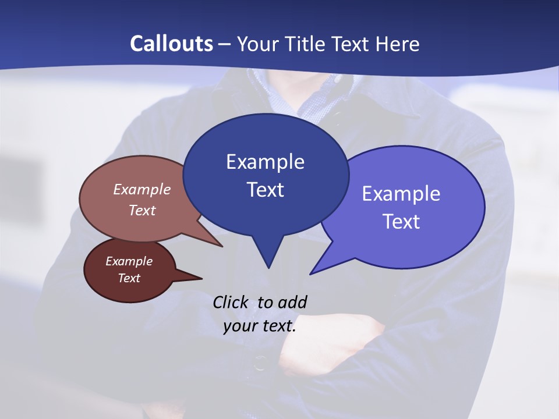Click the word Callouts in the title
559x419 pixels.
[171, 44]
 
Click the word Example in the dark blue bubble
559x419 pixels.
[265, 162]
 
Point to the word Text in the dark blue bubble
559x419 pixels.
[265, 190]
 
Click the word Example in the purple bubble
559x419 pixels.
[401, 194]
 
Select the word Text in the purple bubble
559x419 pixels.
[401, 222]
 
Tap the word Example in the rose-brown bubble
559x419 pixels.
[142, 189]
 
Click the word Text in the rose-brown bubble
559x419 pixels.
[142, 210]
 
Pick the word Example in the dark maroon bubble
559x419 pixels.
[129, 261]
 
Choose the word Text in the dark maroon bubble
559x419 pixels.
[129, 278]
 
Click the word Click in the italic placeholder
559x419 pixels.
[232, 302]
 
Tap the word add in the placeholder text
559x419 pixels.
[292, 302]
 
